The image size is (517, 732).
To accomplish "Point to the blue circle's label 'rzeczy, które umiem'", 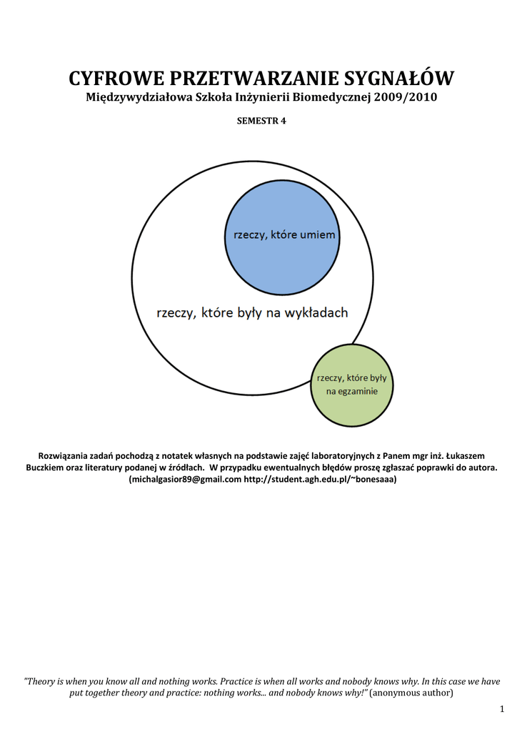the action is (281, 235).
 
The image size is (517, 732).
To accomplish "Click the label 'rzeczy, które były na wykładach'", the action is (252, 312).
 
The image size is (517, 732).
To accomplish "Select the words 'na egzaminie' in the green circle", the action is (351, 392).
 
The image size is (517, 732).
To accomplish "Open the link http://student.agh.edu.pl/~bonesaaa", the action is (319, 480).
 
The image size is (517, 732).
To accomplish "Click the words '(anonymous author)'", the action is (411, 693).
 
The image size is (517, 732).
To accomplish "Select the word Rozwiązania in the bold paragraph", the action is (65, 455).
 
